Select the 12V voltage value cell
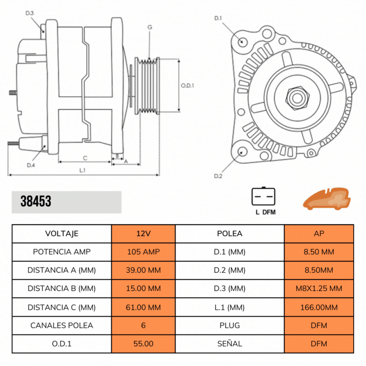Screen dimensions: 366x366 pos(143,233)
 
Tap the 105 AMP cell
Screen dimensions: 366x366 pos(143,252)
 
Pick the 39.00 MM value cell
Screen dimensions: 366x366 pos(143,270)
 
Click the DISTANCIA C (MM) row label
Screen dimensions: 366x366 pos(62,307)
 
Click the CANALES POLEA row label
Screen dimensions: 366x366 pos(62,325)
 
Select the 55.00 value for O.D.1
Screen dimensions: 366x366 pos(143,344)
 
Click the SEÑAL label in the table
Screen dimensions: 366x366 pos(230,344)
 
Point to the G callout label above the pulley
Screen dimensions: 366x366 pos(149,27)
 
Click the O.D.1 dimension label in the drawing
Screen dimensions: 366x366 pos(188,85)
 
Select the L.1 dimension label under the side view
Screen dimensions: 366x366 pos(83,170)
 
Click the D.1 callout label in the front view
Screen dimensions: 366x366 pos(218,18)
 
